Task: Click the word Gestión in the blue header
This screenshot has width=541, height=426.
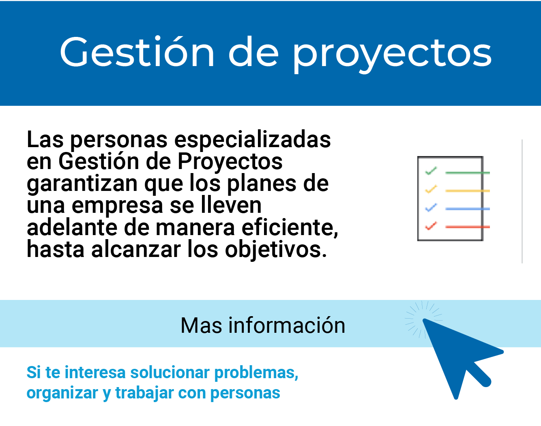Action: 137,52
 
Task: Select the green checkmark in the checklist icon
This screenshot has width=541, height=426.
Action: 431,171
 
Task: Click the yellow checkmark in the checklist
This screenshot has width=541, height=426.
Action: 431,189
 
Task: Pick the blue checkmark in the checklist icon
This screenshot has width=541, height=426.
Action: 431,208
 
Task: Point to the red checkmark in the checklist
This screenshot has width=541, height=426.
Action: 431,225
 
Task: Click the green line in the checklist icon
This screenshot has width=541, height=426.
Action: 467,173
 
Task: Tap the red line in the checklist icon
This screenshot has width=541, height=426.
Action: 467,227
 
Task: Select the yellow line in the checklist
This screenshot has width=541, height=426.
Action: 467,191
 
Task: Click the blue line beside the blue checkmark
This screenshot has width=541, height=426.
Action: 467,209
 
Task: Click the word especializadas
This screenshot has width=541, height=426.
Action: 252,140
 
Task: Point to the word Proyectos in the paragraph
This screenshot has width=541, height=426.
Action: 230,162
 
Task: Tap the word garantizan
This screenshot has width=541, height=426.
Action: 82,184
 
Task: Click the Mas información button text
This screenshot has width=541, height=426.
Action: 263,325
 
